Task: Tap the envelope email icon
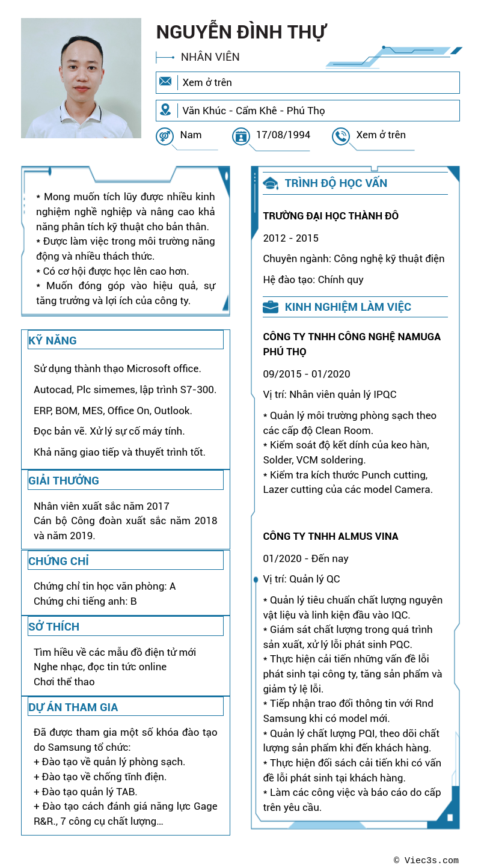(165, 82)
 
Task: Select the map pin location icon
(165, 110)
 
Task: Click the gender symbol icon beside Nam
(165, 136)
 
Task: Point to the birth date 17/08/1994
(283, 135)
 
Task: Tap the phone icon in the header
(341, 136)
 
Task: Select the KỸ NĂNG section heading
(53, 341)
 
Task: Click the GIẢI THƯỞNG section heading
(64, 480)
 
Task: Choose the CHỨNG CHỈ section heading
(59, 561)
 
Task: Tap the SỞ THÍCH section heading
(54, 626)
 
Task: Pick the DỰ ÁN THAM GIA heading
(73, 707)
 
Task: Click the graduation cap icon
(271, 183)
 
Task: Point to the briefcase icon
(271, 307)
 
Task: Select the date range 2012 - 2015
(291, 238)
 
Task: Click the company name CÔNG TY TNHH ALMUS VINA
(331, 536)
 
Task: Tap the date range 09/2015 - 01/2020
(307, 374)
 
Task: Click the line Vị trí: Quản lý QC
(301, 579)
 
